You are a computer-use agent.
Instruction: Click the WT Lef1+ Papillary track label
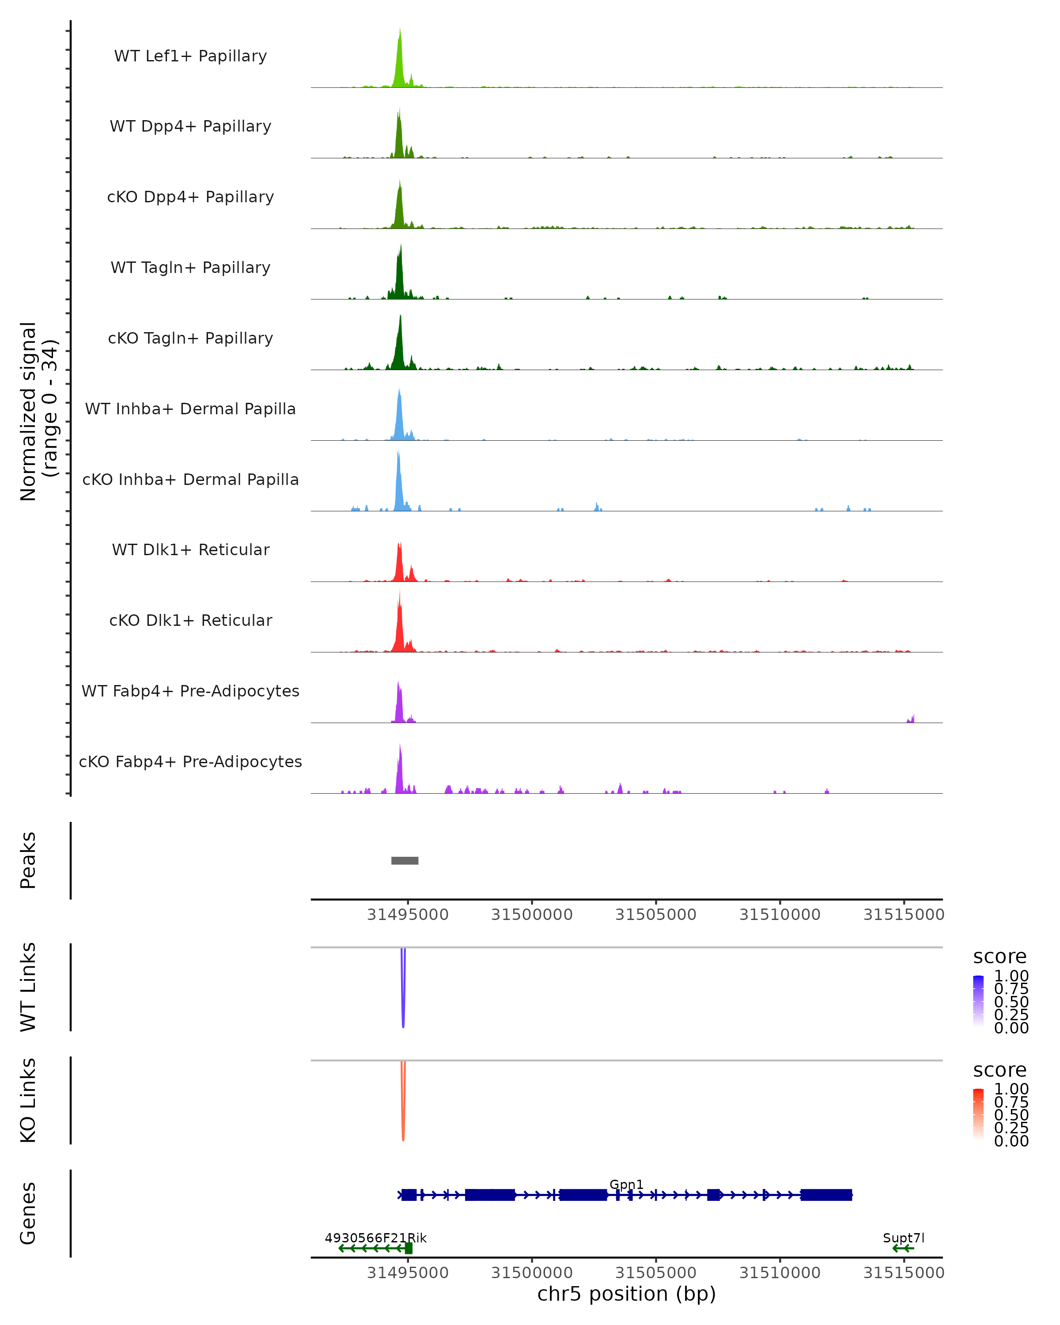pos(190,56)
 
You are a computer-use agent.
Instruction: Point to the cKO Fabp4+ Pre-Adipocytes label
pos(190,761)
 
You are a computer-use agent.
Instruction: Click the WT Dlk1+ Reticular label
pos(190,549)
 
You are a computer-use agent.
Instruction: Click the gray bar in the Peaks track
pos(405,860)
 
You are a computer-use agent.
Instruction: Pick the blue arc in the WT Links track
pos(403,996)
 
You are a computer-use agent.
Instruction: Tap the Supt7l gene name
pos(903,1238)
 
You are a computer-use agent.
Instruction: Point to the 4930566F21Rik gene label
pos(375,1238)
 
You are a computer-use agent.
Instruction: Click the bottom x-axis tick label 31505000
pos(656,1273)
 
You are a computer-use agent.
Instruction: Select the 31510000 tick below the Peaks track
pos(780,915)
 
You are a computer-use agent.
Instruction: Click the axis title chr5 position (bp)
pos(626,1294)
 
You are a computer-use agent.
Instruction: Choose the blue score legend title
pos(1000,957)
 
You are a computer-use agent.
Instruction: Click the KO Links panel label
pos(28,1101)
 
